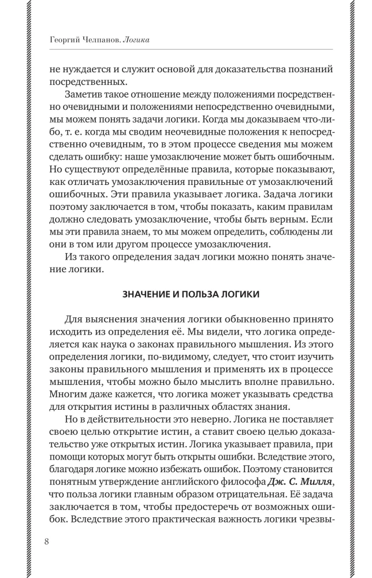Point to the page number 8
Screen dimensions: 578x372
pos(46,542)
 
